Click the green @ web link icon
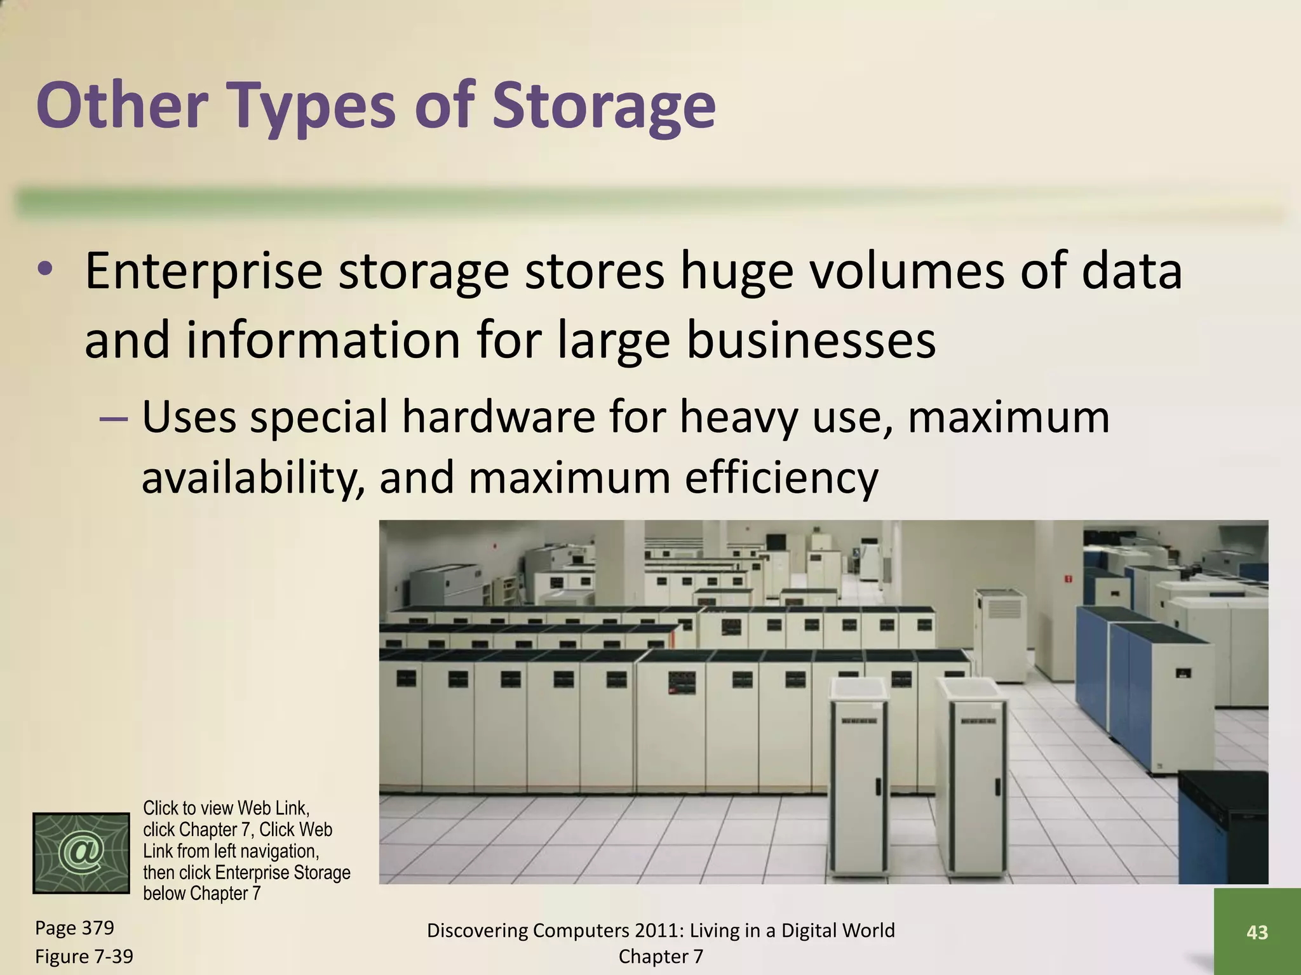click(81, 852)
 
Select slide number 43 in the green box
click(1257, 932)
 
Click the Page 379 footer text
click(74, 928)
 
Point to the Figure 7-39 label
click(84, 956)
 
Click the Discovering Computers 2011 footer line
click(661, 931)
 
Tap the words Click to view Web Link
click(226, 808)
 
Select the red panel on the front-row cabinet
click(681, 683)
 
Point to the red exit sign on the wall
click(1068, 578)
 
